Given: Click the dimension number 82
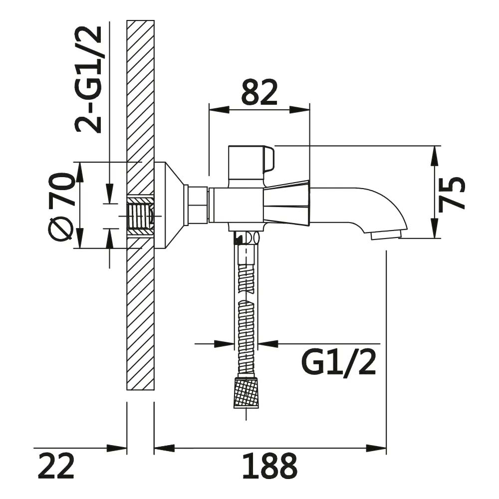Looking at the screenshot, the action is click(x=259, y=92).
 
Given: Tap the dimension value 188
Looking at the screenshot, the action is click(x=269, y=466).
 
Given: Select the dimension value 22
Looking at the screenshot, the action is click(x=56, y=466).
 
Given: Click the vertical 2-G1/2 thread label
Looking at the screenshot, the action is click(x=88, y=79).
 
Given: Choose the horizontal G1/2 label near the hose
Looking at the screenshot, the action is click(x=339, y=362).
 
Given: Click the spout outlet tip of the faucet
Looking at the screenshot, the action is click(x=386, y=236).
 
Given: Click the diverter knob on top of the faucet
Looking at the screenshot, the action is click(x=251, y=162).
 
